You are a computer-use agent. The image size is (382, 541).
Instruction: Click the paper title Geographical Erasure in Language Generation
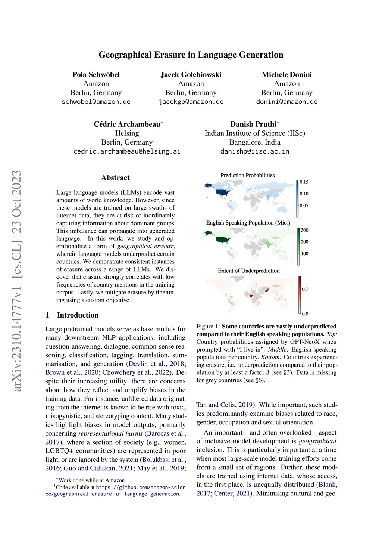191,55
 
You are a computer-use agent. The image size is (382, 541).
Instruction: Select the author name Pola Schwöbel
96,75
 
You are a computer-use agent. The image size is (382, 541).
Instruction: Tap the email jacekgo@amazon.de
191,102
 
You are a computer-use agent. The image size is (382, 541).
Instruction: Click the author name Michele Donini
286,75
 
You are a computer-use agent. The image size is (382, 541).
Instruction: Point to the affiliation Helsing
127,133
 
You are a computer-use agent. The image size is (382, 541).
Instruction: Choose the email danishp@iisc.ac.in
255,151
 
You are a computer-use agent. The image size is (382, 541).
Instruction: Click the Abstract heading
115,178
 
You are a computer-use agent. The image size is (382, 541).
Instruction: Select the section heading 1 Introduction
72,315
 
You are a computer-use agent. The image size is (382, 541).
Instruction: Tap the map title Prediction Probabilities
247,175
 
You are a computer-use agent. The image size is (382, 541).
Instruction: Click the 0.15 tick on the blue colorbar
304,182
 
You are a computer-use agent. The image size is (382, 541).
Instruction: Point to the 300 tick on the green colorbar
304,230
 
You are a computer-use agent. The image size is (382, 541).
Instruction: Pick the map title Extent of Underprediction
248,270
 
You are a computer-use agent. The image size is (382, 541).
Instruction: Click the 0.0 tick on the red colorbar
305,314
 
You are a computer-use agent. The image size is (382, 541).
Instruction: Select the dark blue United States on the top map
223,192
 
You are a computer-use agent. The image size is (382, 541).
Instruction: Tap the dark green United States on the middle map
223,240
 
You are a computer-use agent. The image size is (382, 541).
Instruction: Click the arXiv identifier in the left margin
17,280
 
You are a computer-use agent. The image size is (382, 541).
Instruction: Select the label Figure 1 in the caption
207,327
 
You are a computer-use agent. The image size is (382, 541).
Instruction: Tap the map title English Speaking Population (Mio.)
248,223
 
